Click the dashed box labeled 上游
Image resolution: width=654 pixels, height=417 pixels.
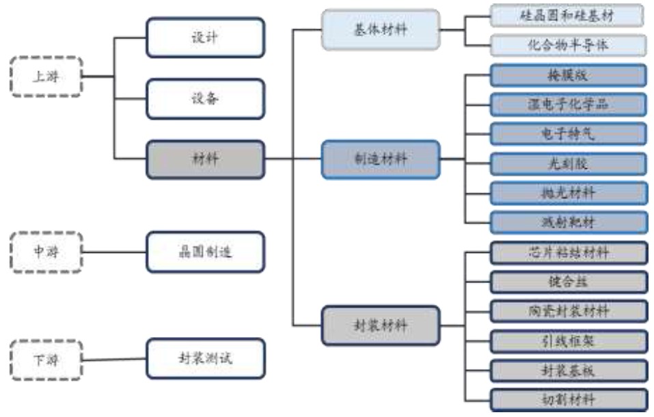(46, 77)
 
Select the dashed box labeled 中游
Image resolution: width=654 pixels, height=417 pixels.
(46, 252)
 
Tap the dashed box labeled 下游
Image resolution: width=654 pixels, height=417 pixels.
(46, 359)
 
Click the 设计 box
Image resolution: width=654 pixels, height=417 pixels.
(204, 37)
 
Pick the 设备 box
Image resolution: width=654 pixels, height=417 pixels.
(204, 98)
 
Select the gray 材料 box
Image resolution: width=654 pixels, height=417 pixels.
(204, 159)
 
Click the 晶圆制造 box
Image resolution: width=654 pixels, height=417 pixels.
(204, 252)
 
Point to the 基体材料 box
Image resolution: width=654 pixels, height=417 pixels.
(381, 29)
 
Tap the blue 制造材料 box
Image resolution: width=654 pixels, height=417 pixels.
(381, 159)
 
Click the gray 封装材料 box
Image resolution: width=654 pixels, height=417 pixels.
(381, 325)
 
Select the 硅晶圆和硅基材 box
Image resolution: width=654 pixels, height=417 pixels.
(567, 16)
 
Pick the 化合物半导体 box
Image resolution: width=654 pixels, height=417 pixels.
(567, 45)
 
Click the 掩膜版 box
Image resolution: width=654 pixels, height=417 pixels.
(567, 75)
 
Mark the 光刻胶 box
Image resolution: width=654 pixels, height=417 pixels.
(567, 163)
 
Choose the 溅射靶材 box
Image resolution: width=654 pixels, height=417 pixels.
(567, 222)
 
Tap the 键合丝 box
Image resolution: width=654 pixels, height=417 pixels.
(567, 281)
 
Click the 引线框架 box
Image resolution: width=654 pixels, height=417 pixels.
(567, 340)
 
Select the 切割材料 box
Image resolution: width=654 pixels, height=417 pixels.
(567, 399)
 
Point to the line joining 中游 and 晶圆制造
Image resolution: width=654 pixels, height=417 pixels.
(114, 252)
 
